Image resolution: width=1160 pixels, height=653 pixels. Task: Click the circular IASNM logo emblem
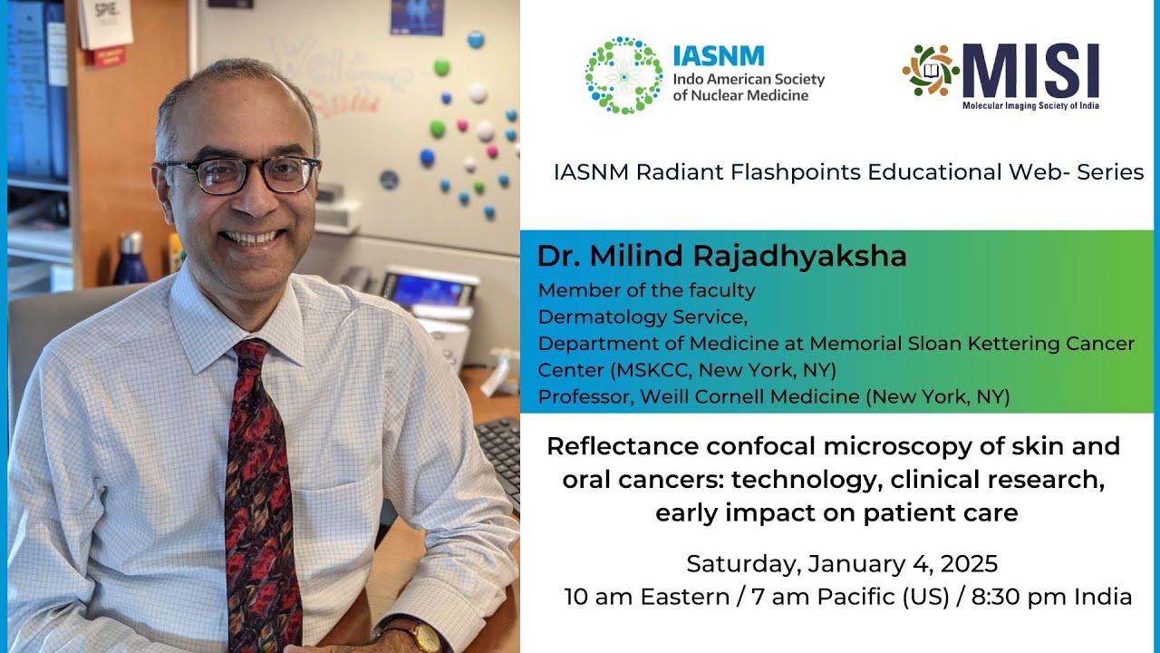(623, 75)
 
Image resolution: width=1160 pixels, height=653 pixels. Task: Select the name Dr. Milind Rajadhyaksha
(721, 257)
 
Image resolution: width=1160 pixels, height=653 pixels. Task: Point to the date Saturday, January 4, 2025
(842, 564)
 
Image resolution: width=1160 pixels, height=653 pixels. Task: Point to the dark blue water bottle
(132, 258)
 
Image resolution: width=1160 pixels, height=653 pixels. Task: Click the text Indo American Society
(749, 79)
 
